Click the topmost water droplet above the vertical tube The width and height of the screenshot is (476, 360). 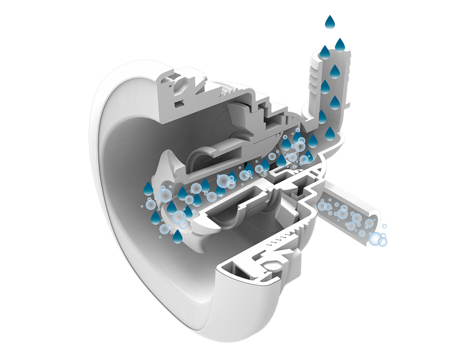(x=330, y=22)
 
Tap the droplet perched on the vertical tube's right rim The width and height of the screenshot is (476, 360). (x=340, y=45)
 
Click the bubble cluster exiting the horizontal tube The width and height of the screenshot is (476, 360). (x=378, y=239)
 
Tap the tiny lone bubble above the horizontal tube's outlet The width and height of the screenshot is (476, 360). (x=384, y=226)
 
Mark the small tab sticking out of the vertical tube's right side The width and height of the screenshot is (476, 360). (x=347, y=105)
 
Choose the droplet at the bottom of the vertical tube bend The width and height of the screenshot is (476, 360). (x=330, y=133)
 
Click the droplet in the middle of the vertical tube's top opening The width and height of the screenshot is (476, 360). (x=325, y=53)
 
